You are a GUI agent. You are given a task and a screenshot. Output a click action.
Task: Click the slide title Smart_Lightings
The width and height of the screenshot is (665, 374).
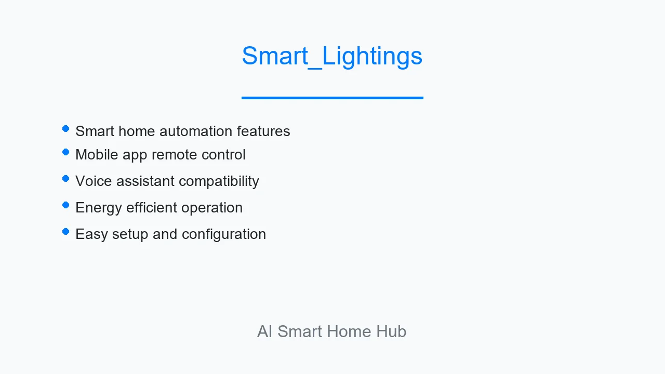tap(332, 57)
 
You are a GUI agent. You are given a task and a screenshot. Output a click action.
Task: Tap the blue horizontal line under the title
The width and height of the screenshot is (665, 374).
tap(332, 98)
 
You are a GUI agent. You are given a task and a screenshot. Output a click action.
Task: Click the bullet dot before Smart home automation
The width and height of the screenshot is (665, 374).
tap(66, 128)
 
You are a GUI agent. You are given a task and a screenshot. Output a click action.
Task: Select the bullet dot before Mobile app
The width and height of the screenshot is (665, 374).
tap(66, 152)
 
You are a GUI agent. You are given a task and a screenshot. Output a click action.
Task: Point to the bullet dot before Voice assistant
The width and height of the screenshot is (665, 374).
tap(66, 178)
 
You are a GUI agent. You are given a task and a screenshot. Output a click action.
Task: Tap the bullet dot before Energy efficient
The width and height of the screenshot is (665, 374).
tap(66, 205)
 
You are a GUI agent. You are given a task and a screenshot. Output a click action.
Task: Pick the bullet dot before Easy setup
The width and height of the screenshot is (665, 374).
tap(66, 231)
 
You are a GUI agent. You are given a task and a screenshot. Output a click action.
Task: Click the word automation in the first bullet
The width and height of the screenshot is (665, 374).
tap(196, 131)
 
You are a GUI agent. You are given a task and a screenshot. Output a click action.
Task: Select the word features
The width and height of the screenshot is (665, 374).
tap(263, 131)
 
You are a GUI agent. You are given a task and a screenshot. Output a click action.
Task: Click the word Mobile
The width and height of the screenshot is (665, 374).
tap(97, 154)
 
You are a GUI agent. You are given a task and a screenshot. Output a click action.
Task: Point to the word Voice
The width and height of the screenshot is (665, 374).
tap(94, 181)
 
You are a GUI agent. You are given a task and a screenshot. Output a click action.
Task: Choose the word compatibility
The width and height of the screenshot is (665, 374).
tap(219, 181)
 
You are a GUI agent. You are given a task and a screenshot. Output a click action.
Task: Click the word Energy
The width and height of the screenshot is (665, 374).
tap(99, 208)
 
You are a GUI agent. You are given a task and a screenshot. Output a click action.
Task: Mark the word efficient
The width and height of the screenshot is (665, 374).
tap(151, 207)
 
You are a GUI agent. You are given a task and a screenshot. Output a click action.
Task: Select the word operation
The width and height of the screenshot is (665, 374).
tap(212, 208)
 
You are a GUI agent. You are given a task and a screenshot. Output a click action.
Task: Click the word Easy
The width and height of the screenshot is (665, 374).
tap(91, 234)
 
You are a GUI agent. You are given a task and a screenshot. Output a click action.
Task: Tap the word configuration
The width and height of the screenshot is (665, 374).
tap(224, 234)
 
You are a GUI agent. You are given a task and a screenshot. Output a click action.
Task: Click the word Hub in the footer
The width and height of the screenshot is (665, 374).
tap(391, 331)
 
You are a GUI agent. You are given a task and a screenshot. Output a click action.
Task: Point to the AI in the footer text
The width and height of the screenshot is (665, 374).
tap(265, 331)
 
